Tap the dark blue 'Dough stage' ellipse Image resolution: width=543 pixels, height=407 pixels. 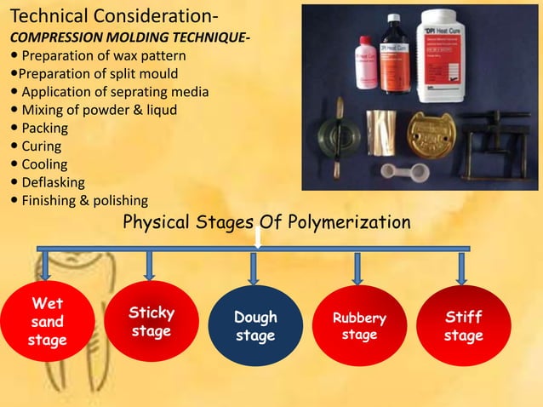point(255,326)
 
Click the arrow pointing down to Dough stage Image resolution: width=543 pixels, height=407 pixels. point(254,267)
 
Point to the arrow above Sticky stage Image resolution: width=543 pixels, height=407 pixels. point(149,265)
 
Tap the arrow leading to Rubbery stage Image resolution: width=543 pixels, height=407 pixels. point(358,267)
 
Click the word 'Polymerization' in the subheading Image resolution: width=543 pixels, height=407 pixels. point(355,222)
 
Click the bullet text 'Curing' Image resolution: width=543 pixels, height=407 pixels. point(41,146)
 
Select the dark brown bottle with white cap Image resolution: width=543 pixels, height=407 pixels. point(393,56)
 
